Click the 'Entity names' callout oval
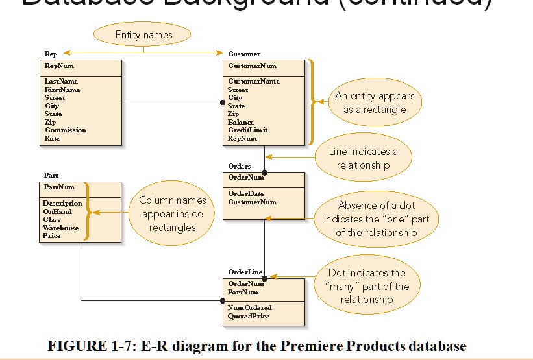point(143,35)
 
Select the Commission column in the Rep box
point(66,130)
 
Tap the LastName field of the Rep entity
point(61,82)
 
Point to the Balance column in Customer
point(241,122)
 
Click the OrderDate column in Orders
point(246,193)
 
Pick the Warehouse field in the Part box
point(60,228)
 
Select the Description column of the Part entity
point(62,204)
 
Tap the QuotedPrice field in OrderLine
point(249,316)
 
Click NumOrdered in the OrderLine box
point(250,307)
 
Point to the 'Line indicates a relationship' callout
point(364,158)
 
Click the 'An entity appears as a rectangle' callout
point(375,102)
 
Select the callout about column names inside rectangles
point(171,214)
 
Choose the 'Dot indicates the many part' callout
point(367,286)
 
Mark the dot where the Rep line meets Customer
point(222,102)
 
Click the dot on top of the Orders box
point(264,172)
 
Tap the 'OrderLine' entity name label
point(244,272)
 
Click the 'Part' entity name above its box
point(51,176)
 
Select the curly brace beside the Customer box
point(315,102)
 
